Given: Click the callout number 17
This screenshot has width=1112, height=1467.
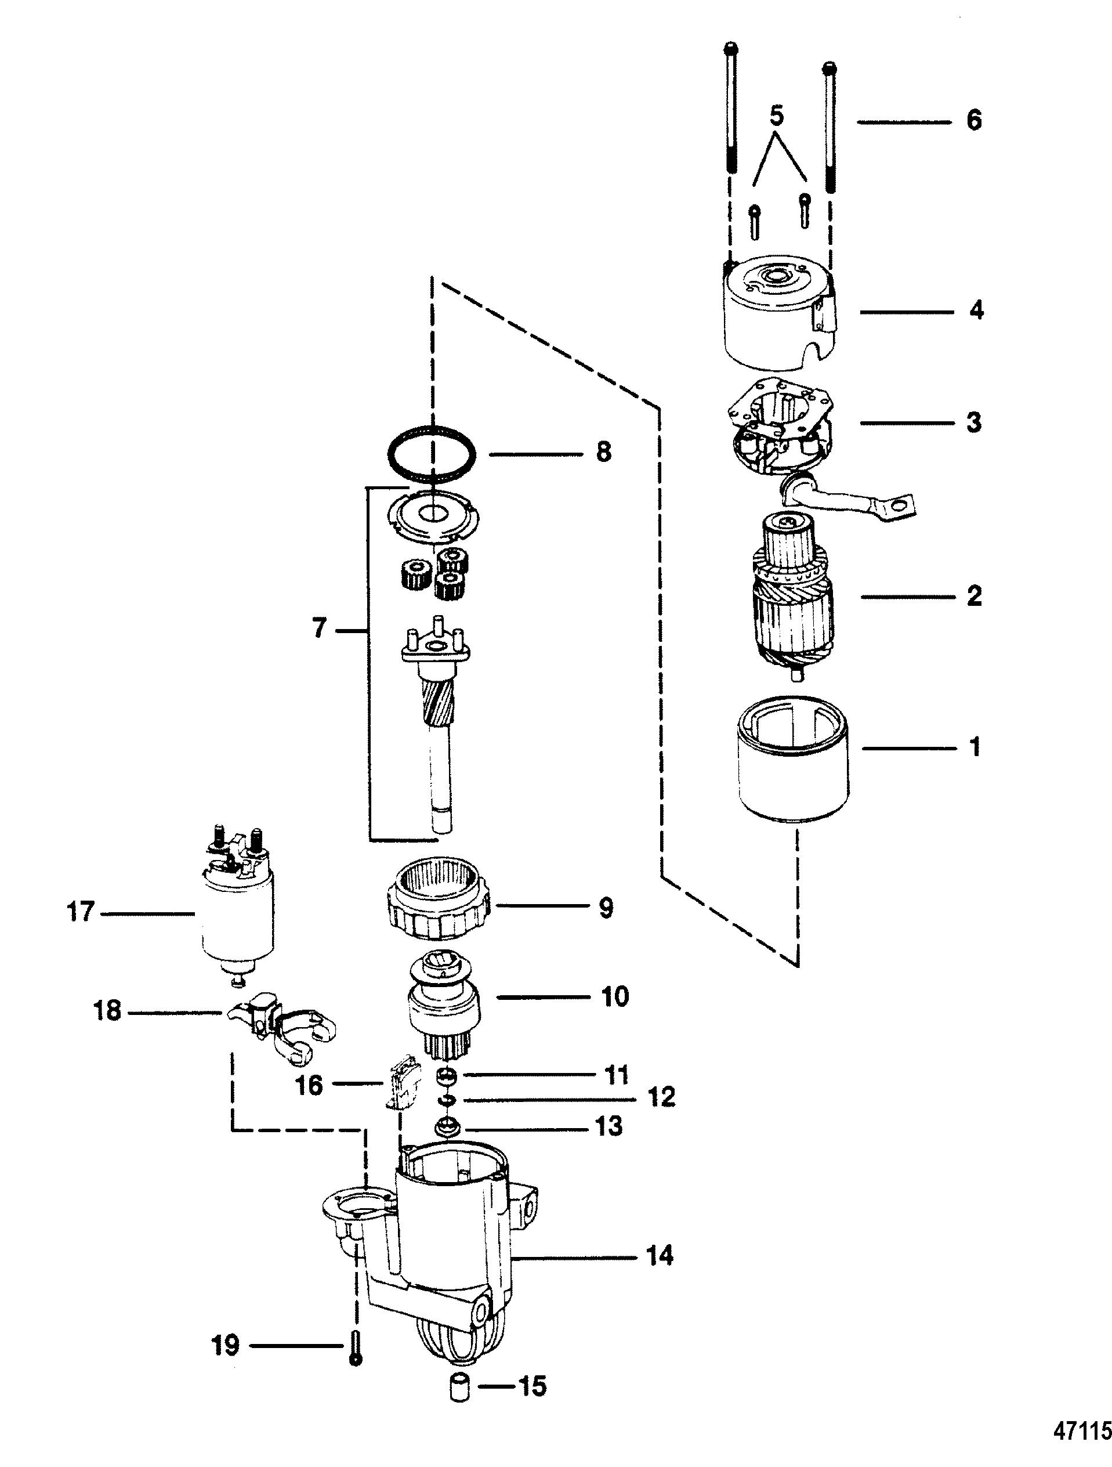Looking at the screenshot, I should (x=81, y=913).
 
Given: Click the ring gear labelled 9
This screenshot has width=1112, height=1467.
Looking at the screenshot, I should (x=441, y=905).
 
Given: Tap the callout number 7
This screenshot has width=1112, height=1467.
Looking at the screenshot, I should (x=320, y=627).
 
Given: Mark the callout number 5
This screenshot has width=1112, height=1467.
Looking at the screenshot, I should (x=777, y=117).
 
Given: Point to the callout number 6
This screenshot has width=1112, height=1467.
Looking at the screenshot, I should (x=973, y=121).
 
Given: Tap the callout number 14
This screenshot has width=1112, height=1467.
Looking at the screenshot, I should (x=659, y=1255).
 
